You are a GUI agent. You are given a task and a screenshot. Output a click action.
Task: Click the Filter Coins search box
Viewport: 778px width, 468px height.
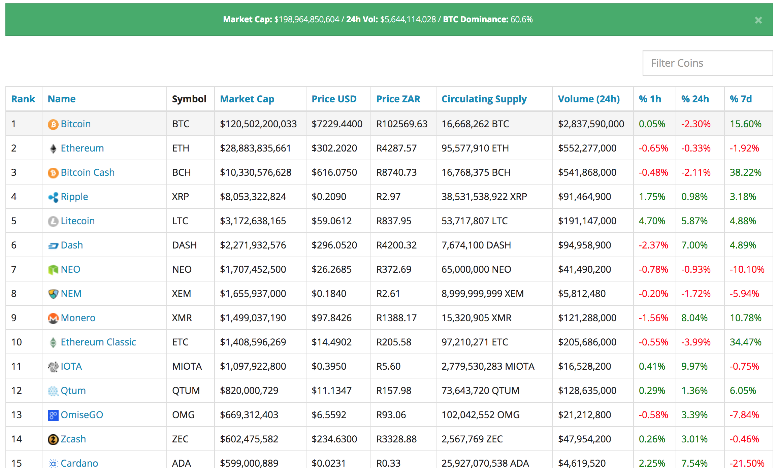point(707,63)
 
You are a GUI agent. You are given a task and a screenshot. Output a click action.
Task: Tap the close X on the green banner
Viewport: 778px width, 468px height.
point(758,20)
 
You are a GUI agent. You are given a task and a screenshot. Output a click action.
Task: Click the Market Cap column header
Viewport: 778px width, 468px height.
point(247,99)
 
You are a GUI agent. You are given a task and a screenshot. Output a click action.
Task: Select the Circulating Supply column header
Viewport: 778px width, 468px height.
point(484,99)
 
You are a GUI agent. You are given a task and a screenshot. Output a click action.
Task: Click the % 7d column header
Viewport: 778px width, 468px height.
point(740,99)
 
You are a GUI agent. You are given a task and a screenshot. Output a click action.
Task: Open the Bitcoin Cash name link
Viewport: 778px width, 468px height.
point(88,172)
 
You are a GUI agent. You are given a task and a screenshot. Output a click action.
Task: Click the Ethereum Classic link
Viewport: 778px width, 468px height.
point(98,342)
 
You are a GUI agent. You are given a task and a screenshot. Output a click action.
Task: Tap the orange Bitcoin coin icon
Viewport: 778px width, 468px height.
point(53,124)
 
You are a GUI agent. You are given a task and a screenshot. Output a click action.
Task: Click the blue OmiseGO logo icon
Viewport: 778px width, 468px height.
point(53,415)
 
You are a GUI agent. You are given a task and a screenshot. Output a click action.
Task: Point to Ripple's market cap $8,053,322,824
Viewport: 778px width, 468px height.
point(253,197)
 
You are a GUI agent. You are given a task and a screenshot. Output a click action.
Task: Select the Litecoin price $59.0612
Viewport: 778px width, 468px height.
point(331,221)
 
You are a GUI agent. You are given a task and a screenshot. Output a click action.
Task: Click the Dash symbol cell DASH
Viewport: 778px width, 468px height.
point(184,245)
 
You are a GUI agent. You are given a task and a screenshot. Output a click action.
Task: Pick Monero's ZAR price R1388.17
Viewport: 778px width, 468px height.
point(396,318)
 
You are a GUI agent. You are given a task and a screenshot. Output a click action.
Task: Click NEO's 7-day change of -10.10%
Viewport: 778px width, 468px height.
point(747,269)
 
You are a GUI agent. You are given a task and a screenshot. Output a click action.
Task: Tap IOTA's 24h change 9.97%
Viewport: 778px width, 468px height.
point(694,366)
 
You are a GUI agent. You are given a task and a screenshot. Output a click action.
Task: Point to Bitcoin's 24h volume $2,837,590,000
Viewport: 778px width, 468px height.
point(591,124)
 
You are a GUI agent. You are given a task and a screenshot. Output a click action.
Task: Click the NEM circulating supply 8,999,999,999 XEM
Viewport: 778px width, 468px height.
point(482,294)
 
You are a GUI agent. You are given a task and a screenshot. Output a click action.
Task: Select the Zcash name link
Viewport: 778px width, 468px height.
point(73,439)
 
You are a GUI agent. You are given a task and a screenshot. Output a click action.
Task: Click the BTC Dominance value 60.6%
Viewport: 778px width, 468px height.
point(521,20)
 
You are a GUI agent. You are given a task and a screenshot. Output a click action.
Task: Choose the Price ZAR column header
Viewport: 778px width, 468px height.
point(398,99)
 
